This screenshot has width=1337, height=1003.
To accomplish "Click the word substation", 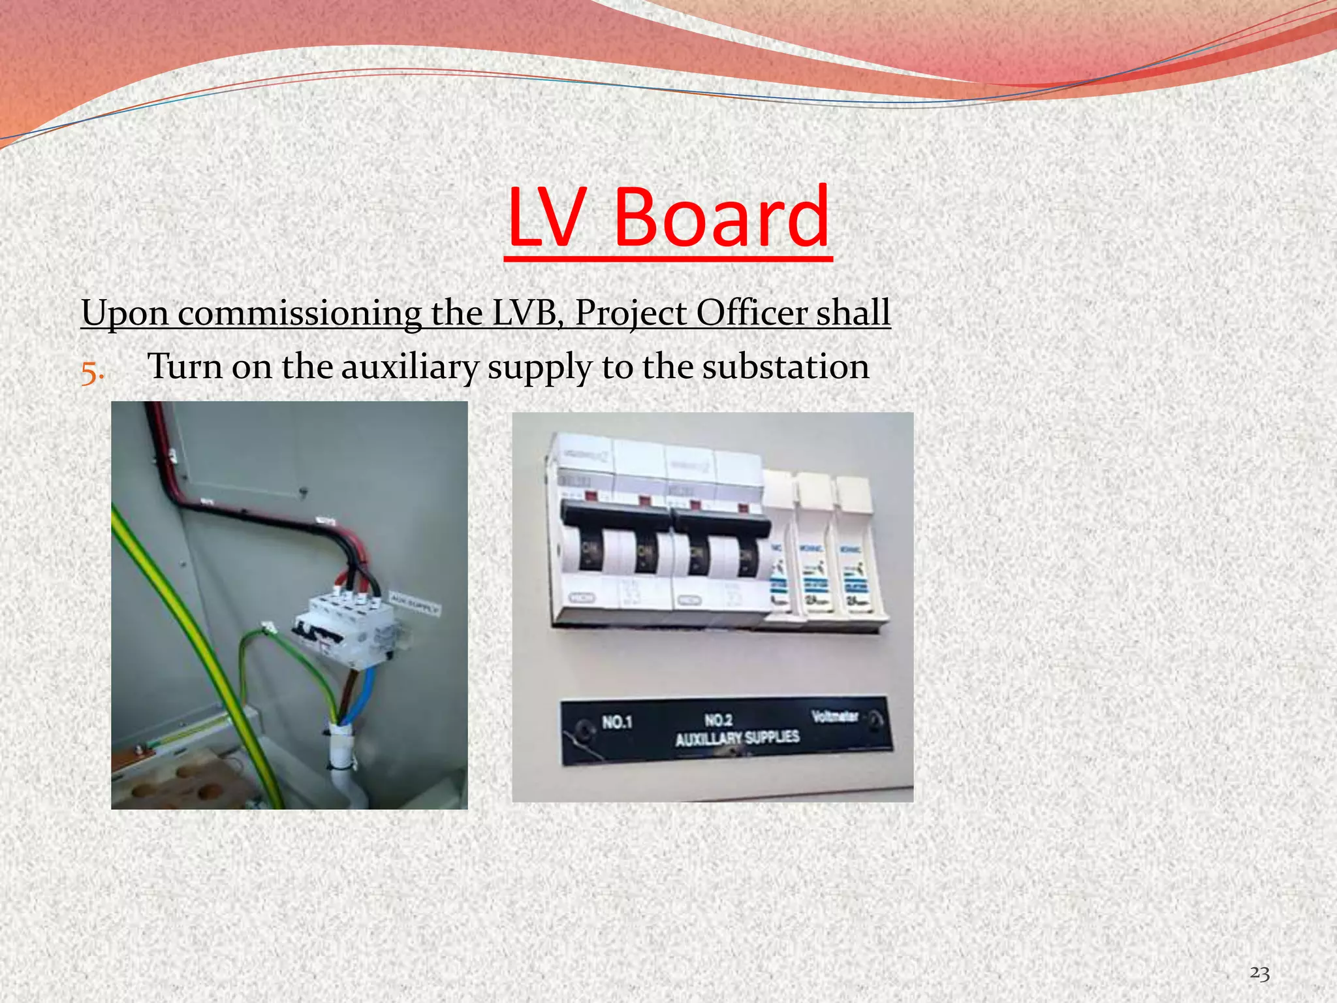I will click(x=785, y=367).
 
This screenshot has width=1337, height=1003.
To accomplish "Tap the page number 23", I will click(x=1259, y=973).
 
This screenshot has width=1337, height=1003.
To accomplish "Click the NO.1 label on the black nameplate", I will click(x=617, y=722).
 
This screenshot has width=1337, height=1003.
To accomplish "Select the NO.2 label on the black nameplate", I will click(x=718, y=720).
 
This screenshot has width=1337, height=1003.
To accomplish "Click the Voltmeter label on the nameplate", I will click(x=834, y=717).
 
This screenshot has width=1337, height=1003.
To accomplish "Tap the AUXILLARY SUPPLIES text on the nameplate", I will click(x=736, y=739).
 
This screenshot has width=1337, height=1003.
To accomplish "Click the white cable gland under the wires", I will click(x=340, y=744).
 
